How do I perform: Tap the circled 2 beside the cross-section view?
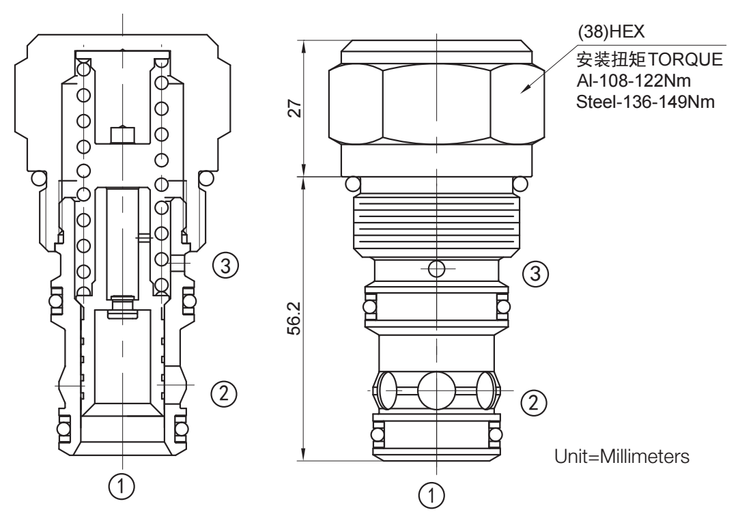click(225, 392)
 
